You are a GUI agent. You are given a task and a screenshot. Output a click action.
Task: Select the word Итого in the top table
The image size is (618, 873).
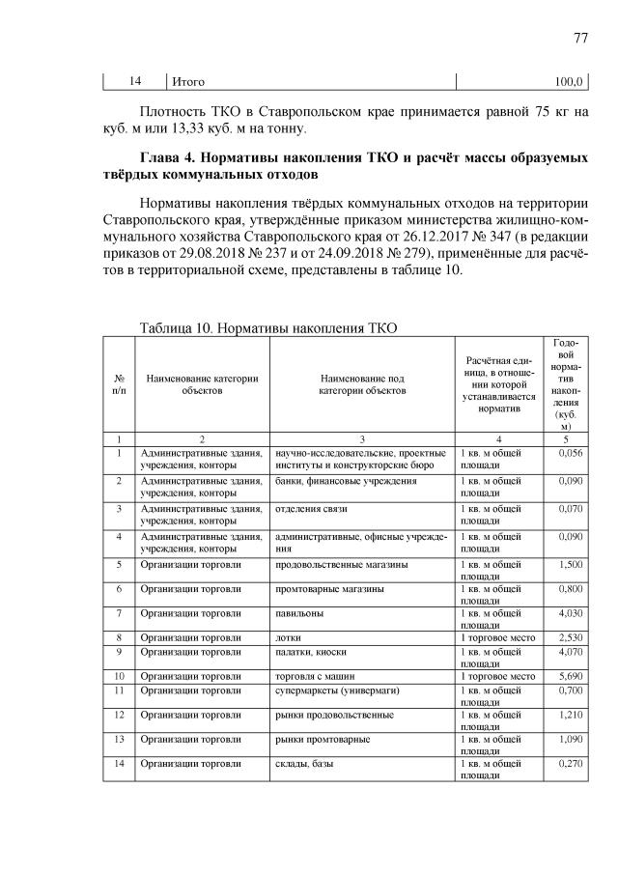[x=189, y=81]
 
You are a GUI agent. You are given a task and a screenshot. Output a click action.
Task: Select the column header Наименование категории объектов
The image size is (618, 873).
[x=202, y=385]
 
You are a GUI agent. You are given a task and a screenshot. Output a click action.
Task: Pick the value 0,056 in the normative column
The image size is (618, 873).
[x=571, y=453]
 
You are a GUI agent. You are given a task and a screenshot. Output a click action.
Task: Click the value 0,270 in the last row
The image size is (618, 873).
[x=571, y=764]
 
